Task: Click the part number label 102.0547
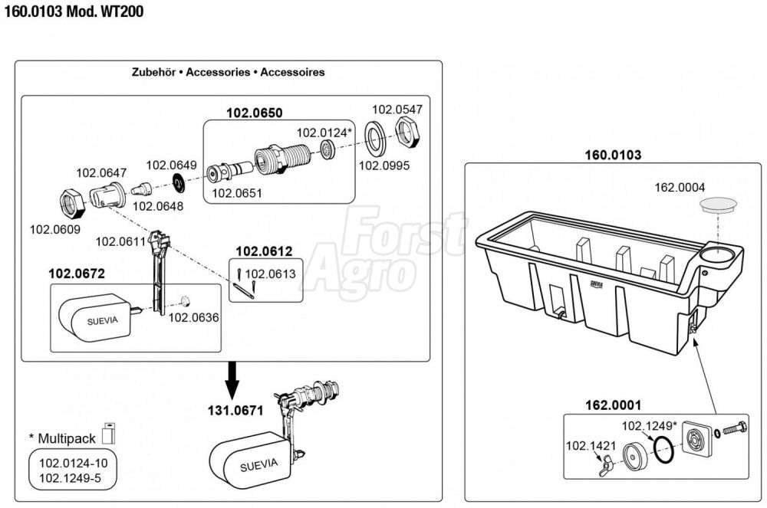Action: pyautogui.click(x=397, y=110)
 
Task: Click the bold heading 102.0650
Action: pyautogui.click(x=255, y=113)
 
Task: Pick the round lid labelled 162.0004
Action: pyautogui.click(x=718, y=205)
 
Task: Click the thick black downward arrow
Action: pyautogui.click(x=232, y=381)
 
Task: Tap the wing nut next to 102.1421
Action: pyautogui.click(x=607, y=466)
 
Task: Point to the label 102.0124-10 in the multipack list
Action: pyautogui.click(x=74, y=463)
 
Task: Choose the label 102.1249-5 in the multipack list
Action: pyautogui.click(x=70, y=477)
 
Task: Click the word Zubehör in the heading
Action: pyautogui.click(x=153, y=72)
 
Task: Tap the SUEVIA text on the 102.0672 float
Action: pyautogui.click(x=102, y=321)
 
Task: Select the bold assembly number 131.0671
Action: pyautogui.click(x=235, y=411)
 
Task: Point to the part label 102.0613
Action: pyautogui.click(x=271, y=274)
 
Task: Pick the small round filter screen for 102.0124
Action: pyautogui.click(x=328, y=149)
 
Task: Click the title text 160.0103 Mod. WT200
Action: pyautogui.click(x=74, y=11)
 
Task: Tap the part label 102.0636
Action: pyautogui.click(x=194, y=318)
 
